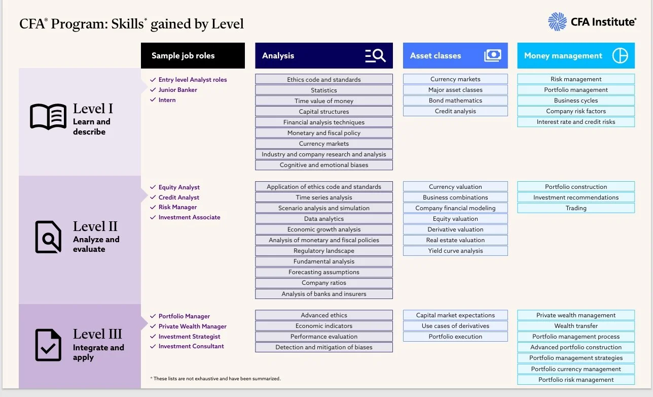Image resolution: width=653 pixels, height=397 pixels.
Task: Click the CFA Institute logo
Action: point(592,22)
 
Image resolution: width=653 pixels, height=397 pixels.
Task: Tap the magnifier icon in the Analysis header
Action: point(376,56)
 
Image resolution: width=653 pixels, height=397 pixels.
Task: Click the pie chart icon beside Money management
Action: point(620,56)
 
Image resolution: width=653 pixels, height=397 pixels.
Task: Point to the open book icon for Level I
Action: point(48,117)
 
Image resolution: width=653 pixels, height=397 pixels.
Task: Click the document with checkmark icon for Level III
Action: point(48,345)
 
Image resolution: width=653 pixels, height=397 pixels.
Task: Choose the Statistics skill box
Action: point(324,90)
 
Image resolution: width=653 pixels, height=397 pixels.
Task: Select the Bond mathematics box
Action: point(455,101)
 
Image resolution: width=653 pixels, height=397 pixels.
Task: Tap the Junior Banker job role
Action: point(177,90)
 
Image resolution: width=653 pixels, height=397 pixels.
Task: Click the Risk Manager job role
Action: point(177,207)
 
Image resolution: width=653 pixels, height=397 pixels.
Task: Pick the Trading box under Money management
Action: point(576,208)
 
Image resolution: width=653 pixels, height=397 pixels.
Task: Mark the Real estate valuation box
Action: point(455,240)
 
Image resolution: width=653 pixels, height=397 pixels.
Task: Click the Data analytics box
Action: point(324,219)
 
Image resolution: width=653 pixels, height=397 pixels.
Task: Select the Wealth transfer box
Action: point(576,326)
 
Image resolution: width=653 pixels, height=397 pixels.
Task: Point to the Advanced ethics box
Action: point(324,315)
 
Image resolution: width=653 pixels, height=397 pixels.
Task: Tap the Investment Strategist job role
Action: point(189,337)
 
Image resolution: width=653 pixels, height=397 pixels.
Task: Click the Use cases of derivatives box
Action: point(455,326)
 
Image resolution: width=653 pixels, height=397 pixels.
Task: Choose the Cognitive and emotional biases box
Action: point(324,165)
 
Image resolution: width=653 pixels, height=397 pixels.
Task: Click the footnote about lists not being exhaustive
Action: point(215,379)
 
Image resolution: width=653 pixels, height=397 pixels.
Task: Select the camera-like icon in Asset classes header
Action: point(492,56)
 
